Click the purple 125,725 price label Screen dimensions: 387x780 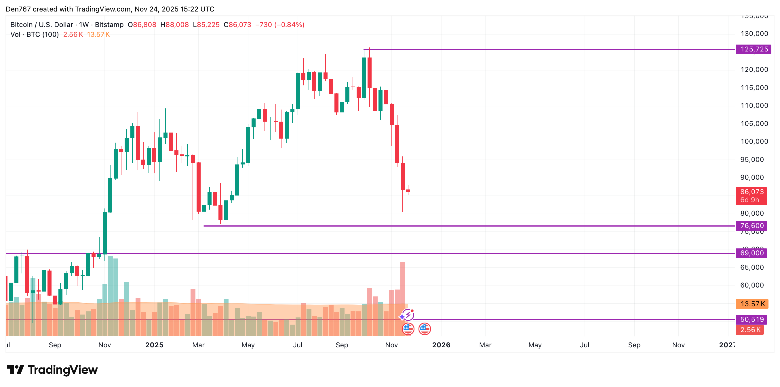coord(754,49)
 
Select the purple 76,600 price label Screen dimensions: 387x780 coord(752,226)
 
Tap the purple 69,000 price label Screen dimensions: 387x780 coord(752,253)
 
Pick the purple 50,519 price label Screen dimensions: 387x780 coord(752,319)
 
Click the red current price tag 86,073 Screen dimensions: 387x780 coord(752,192)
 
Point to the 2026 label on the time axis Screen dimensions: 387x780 coord(441,345)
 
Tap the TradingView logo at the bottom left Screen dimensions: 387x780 coord(52,369)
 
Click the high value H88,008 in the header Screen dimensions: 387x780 coord(174,24)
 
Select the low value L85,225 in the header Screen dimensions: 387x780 coord(206,24)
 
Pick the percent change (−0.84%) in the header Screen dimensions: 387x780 coord(289,24)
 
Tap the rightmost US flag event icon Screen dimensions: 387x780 coord(425,329)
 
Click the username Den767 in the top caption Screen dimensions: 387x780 coord(18,9)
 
